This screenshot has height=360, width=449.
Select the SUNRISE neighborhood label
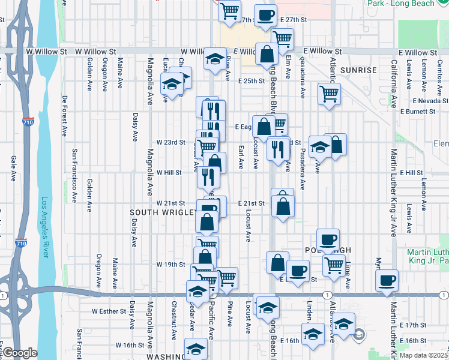tap(358, 70)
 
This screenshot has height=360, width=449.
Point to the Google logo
tap(19, 353)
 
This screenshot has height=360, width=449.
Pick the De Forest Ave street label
tap(64, 115)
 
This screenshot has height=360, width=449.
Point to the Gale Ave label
tap(13, 169)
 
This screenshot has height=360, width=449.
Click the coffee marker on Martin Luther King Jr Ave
tap(387, 280)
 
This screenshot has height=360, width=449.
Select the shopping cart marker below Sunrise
tap(329, 94)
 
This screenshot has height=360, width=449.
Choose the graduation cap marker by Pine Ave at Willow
tap(214, 59)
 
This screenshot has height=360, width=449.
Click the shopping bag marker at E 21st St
tap(283, 205)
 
